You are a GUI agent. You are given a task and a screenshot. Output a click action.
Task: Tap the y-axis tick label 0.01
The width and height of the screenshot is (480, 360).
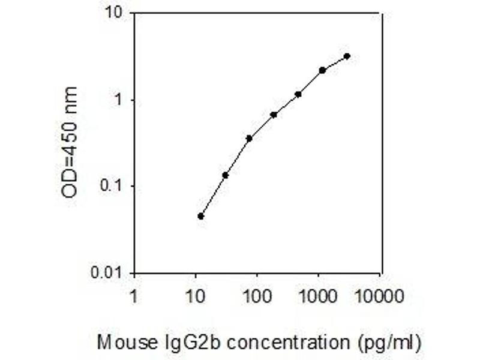(x=109, y=273)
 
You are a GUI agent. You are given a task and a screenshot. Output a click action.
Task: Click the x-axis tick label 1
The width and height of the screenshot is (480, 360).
(x=134, y=296)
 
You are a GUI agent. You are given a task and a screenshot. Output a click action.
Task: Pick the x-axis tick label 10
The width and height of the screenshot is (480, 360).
(x=195, y=296)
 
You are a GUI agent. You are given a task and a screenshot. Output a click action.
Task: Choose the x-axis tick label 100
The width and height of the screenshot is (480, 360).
(x=257, y=296)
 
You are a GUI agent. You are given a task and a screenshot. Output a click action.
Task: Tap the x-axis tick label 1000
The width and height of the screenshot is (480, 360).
(x=319, y=296)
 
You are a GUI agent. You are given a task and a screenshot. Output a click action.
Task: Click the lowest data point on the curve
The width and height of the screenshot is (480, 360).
(x=201, y=216)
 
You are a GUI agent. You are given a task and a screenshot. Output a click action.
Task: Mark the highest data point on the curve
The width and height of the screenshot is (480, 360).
(x=347, y=56)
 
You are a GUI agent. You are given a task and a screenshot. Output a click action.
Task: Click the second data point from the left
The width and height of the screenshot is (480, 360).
(x=225, y=175)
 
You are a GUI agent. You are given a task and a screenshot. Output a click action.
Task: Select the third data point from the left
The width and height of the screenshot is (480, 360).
(x=249, y=138)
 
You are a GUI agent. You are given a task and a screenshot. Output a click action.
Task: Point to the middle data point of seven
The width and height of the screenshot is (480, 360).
(x=274, y=115)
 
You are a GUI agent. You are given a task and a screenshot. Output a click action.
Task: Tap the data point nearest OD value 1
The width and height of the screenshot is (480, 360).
(x=298, y=94)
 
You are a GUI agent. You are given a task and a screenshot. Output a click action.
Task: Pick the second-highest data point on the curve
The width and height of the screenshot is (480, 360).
(x=322, y=70)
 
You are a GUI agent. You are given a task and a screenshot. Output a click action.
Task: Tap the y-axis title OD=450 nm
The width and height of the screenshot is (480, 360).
(x=70, y=142)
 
